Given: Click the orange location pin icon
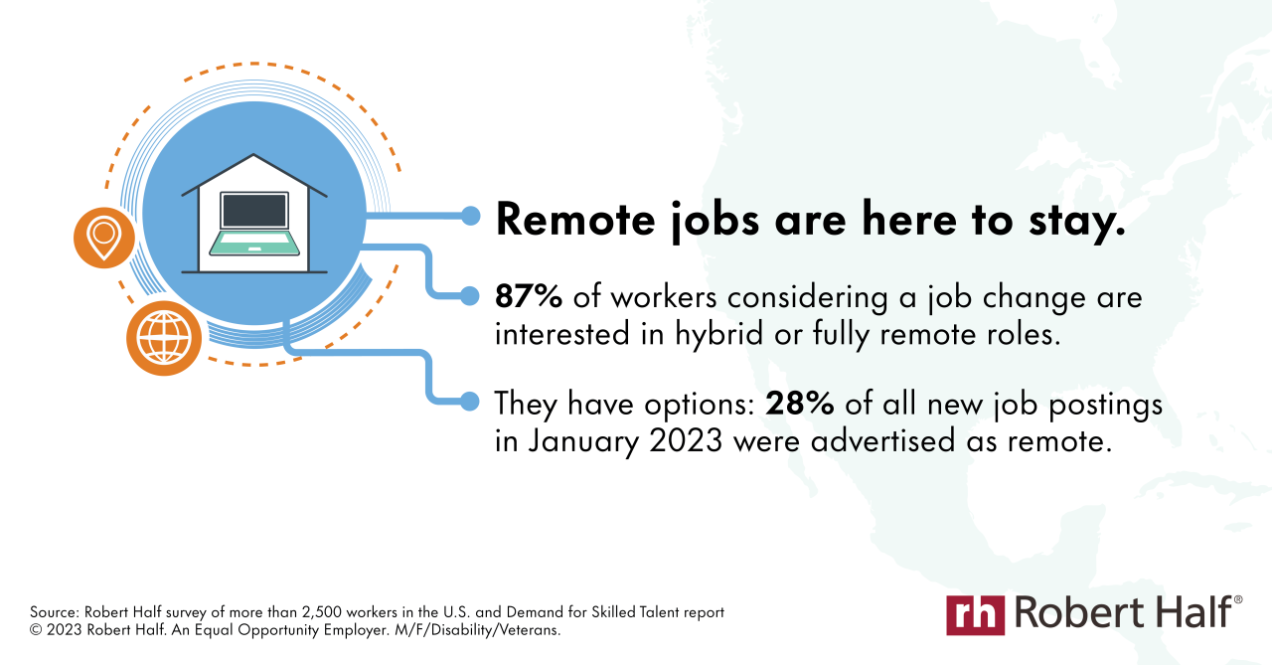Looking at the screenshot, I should pyautogui.click(x=103, y=238).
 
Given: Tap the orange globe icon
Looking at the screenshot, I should pyautogui.click(x=164, y=338).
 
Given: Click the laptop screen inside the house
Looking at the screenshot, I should pyautogui.click(x=254, y=211).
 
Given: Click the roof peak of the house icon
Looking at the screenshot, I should pyautogui.click(x=254, y=157).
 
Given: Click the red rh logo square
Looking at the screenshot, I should pyautogui.click(x=975, y=614).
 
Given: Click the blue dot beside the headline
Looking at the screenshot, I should pyautogui.click(x=471, y=216).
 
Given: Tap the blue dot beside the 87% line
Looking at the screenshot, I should pyautogui.click(x=471, y=295).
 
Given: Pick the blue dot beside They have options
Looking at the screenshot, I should pyautogui.click(x=471, y=401).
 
